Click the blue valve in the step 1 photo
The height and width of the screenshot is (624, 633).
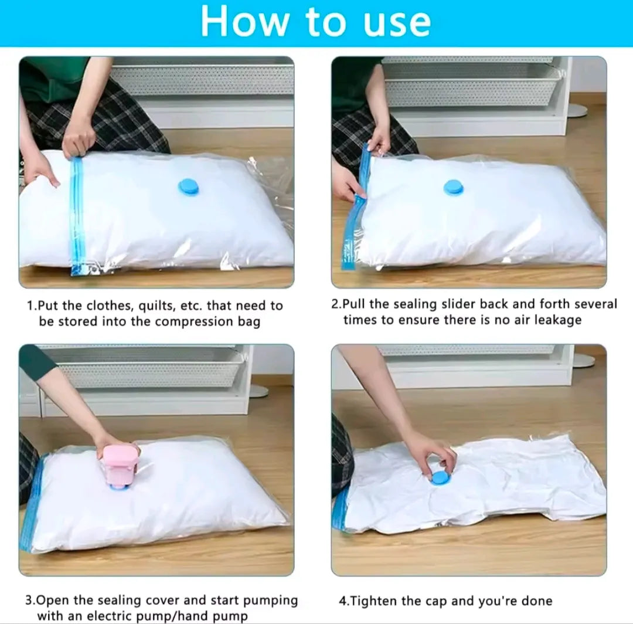(x=189, y=187)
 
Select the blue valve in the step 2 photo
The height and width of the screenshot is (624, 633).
(x=453, y=188)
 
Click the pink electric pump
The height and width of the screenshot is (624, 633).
(x=118, y=467)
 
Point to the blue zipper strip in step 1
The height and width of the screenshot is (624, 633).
(x=77, y=216)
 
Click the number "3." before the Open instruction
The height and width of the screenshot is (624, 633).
(x=30, y=600)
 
